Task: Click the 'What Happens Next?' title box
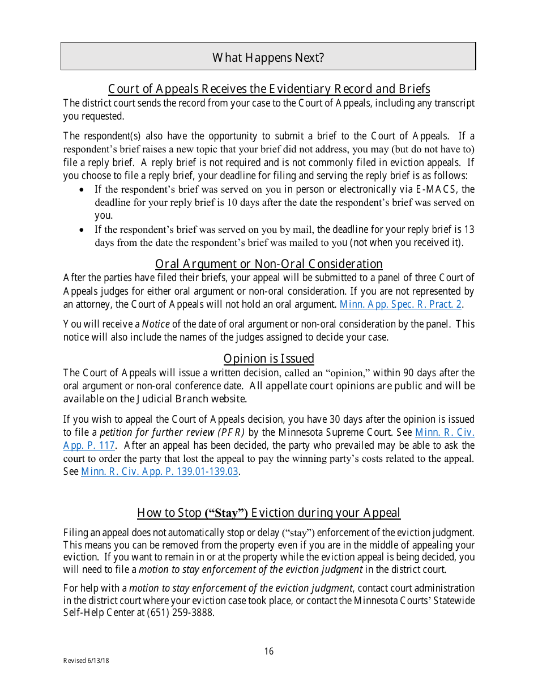[268, 57]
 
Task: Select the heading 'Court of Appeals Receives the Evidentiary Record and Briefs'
[269, 89]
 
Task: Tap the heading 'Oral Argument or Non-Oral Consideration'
[269, 264]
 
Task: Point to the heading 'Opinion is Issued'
[269, 359]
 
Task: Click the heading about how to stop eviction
[269, 513]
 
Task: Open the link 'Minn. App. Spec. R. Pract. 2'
[400, 304]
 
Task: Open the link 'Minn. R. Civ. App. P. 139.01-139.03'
[160, 471]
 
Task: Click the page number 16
[269, 651]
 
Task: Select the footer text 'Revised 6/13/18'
[86, 661]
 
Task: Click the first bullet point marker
[83, 190]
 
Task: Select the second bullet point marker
[83, 230]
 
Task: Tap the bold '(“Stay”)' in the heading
[226, 513]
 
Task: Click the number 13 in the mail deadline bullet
[469, 229]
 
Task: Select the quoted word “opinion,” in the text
[347, 373]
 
